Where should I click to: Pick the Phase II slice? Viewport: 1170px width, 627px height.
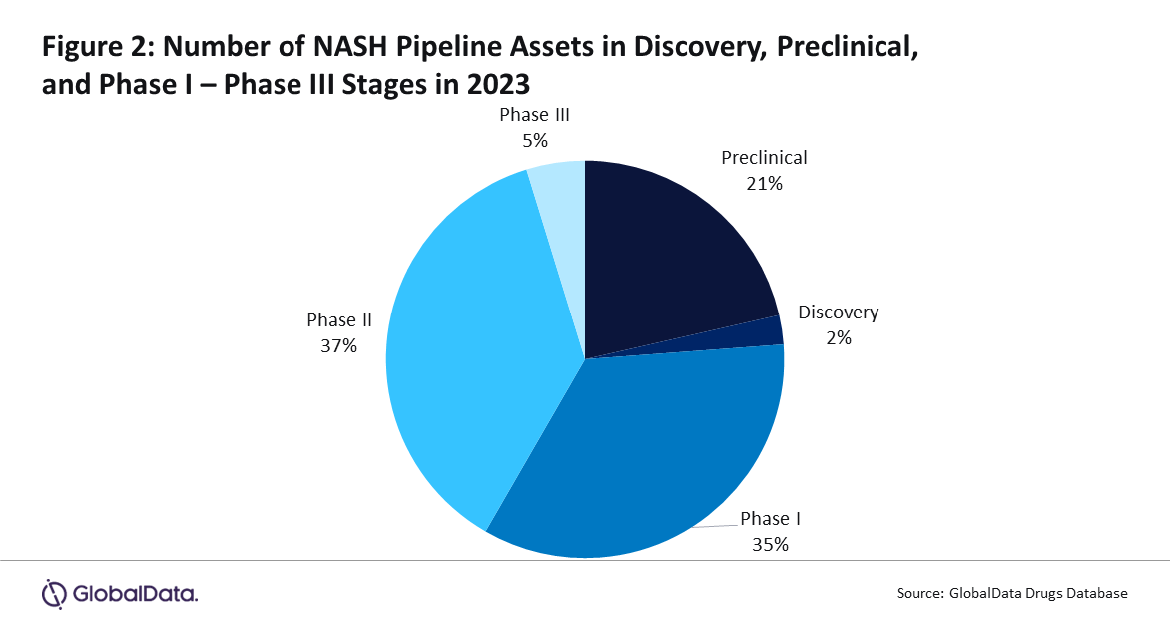462,350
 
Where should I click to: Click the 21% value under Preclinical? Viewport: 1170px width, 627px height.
764,184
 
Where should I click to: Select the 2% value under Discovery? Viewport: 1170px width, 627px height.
838,338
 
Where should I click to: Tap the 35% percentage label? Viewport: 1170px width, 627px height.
770,545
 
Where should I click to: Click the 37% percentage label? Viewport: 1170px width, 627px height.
338,346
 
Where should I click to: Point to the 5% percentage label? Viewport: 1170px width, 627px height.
535,141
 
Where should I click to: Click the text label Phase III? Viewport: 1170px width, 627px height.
534,114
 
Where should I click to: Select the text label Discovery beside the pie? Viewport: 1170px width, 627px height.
838,313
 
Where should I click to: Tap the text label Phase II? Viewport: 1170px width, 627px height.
338,320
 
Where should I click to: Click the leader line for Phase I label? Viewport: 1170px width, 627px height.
715,526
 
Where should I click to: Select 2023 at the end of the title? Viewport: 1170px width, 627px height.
498,84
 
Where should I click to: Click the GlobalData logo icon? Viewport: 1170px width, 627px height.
54,594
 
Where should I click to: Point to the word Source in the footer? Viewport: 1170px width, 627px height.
920,594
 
